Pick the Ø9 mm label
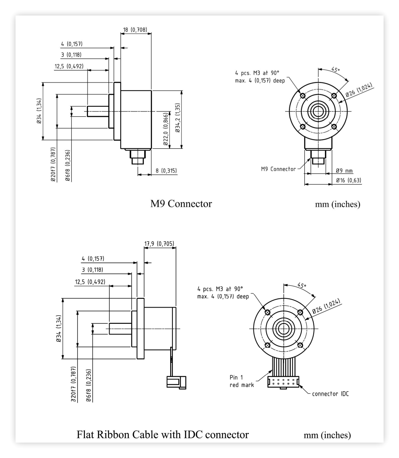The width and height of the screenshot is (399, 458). tap(344, 170)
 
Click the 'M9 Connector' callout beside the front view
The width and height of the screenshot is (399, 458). tap(278, 169)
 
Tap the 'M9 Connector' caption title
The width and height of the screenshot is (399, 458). tap(181, 204)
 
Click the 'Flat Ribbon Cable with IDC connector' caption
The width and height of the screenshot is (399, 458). tap(162, 434)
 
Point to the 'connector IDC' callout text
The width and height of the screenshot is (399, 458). tap(330, 394)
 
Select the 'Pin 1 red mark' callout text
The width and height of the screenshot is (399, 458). tap(242, 381)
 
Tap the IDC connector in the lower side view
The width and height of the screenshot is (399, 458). tap(176, 382)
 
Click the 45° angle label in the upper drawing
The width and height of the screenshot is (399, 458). tap(336, 69)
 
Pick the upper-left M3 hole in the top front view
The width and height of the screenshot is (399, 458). tap(303, 96)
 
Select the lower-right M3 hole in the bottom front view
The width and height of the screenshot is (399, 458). tap(300, 345)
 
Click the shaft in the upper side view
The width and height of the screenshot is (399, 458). tap(98, 111)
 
